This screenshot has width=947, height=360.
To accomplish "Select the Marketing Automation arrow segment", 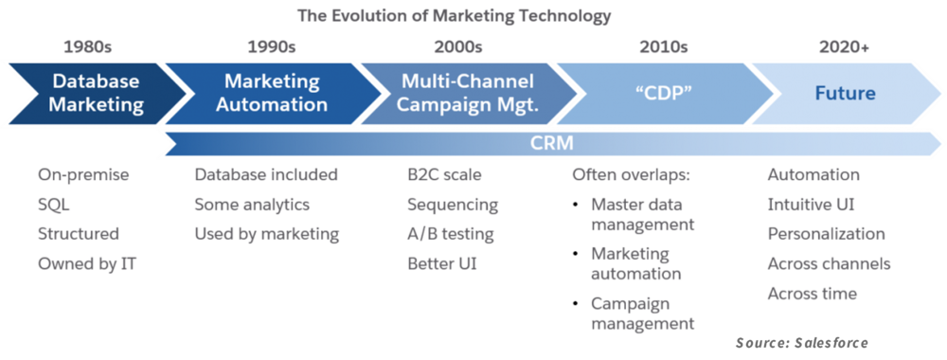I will [x=272, y=93].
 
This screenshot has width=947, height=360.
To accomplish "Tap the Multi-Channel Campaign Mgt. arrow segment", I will [x=467, y=93].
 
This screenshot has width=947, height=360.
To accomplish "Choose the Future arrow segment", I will [x=845, y=93].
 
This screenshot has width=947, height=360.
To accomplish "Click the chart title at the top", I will [x=454, y=16].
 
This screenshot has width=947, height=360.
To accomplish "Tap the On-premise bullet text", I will [x=82, y=175].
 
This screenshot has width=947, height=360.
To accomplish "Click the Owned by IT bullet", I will [x=84, y=262].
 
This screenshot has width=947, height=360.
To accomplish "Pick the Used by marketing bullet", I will [x=267, y=233].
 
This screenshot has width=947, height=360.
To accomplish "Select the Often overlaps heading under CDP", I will [x=632, y=175].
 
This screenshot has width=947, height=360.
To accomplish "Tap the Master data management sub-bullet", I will [x=642, y=214].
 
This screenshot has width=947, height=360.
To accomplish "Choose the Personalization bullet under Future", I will [x=826, y=233].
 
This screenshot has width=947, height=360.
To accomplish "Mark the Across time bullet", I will [x=813, y=293].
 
